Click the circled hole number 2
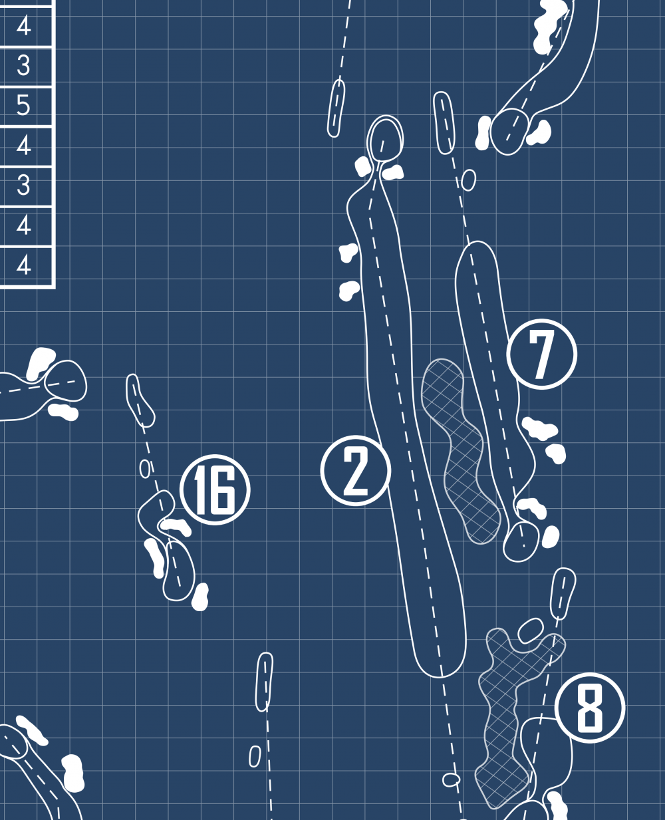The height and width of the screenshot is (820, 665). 355,471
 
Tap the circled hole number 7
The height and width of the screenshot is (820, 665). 541,354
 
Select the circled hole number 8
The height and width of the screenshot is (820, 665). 589,708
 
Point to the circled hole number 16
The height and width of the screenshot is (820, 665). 215,490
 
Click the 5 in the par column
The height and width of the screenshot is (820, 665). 24,105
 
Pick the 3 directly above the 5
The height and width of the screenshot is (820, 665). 24,65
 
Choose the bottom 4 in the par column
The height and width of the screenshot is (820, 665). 24,265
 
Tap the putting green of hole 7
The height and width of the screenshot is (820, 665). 521,541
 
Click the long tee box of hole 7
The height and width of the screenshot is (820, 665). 444,122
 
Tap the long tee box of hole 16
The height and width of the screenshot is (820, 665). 140,400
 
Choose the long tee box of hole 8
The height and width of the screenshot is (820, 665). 564,592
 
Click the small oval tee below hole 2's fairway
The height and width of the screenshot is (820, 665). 451,779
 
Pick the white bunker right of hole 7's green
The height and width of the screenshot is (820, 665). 551,537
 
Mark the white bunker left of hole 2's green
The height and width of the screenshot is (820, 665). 363,166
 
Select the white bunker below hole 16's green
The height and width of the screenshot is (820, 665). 200,597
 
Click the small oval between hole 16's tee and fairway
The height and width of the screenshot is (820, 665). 145,469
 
